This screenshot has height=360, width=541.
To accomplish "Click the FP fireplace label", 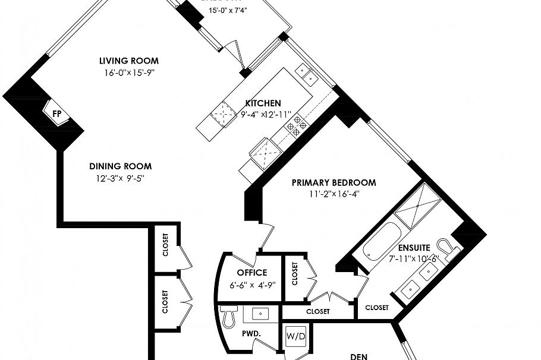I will coord(57,113).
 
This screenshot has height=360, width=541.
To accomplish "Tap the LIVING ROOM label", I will coord(128,61).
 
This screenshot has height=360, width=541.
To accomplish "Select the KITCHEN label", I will coord(263,103).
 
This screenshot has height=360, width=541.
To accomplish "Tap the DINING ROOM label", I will coord(120,166).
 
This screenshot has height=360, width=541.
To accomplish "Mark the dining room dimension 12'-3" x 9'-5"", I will coord(120,178).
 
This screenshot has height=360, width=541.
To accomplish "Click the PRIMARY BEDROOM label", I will coord(334,182).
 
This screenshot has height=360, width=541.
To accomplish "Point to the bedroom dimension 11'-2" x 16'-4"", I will coord(334,194).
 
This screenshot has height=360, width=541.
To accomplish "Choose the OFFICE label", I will coord(252,273).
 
